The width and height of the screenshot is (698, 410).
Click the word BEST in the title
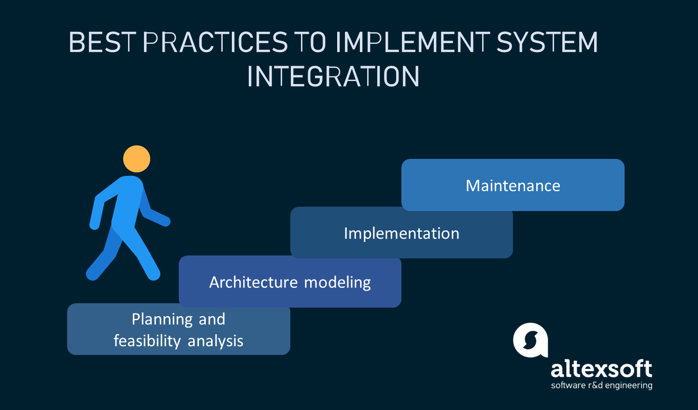click(x=102, y=42)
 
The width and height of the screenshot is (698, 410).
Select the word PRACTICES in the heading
click(x=215, y=42)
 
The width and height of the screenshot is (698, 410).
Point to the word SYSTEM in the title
click(x=547, y=42)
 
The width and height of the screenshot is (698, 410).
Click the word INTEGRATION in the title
click(x=333, y=76)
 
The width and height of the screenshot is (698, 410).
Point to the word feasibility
click(x=147, y=341)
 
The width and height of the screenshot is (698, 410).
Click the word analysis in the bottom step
click(x=215, y=341)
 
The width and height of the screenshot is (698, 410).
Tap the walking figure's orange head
click(x=137, y=159)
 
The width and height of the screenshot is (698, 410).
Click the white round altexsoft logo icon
click(x=530, y=340)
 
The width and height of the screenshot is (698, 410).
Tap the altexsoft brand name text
click(x=601, y=369)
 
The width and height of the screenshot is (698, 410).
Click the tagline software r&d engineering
click(x=601, y=385)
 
